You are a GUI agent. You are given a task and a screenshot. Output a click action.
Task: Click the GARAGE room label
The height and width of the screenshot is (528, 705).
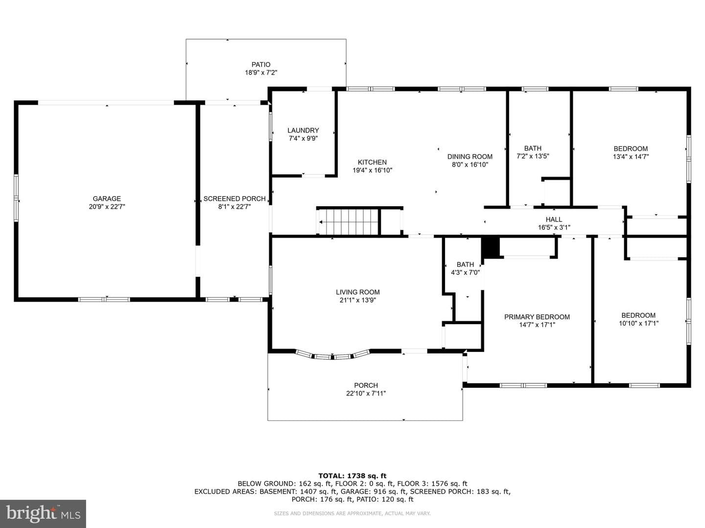(107, 199)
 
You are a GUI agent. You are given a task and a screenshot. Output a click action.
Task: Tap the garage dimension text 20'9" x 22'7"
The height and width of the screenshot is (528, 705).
(107, 207)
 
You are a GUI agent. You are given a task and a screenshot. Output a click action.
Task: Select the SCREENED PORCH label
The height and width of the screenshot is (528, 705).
(235, 199)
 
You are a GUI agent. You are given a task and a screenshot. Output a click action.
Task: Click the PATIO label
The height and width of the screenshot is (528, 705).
(261, 65)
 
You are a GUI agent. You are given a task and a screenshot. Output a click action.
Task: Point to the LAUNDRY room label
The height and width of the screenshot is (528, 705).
(303, 131)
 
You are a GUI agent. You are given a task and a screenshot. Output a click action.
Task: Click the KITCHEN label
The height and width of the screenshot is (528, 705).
(372, 162)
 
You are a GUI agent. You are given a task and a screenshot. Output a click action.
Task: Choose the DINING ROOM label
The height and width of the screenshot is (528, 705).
(470, 157)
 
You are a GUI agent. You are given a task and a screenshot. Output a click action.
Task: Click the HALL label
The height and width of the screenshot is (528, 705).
(554, 220)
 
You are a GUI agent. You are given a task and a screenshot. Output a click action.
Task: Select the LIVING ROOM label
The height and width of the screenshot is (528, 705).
(358, 292)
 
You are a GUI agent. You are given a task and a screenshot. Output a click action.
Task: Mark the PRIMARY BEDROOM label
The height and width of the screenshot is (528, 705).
(537, 317)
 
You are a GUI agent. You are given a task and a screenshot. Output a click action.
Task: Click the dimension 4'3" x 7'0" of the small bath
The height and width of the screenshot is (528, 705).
(466, 273)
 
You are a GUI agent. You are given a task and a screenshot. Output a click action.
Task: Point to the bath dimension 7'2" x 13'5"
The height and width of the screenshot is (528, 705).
(533, 156)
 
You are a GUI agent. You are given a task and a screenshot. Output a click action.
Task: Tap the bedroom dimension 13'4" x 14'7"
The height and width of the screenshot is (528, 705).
(631, 157)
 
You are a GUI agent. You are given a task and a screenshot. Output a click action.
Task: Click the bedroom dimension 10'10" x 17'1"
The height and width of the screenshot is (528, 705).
(638, 324)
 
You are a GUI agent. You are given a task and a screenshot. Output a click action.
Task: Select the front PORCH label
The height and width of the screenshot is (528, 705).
(366, 385)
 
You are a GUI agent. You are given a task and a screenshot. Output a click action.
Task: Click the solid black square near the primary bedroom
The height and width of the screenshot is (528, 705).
(490, 247)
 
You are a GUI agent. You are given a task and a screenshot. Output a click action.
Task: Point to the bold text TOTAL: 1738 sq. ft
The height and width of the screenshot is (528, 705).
(352, 476)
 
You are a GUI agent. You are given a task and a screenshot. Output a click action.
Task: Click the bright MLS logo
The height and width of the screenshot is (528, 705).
(43, 513)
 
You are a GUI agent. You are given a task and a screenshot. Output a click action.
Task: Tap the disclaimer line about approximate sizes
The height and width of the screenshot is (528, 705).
(352, 513)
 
